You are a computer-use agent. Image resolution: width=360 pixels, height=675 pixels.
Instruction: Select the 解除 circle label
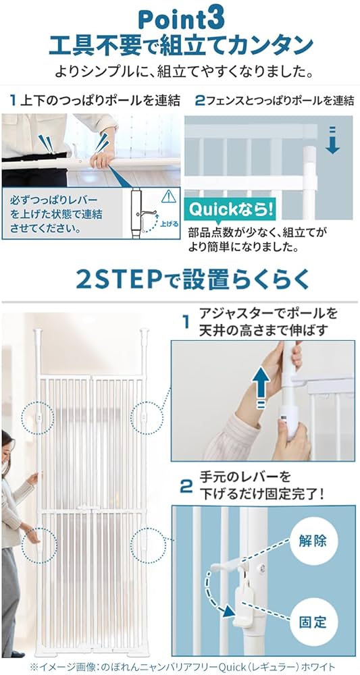(312, 540)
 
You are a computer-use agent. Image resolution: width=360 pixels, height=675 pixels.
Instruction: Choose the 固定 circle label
(311, 622)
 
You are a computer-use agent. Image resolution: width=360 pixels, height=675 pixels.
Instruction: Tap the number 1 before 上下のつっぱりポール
(12, 101)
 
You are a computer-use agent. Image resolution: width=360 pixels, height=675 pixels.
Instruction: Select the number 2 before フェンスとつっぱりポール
(199, 101)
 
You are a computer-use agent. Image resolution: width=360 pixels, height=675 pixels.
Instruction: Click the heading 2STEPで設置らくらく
(180, 278)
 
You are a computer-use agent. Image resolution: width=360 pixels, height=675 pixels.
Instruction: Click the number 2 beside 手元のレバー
(186, 485)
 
